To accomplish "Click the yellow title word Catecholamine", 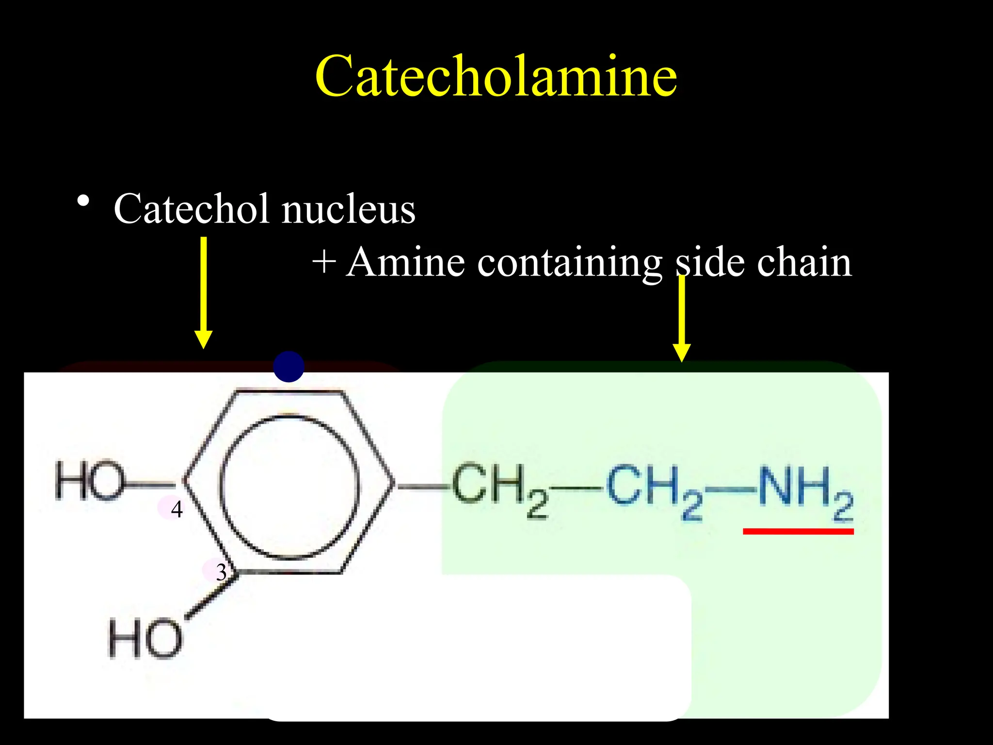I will (496, 77).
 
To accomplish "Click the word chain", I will (804, 262).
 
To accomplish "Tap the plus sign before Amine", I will (324, 262).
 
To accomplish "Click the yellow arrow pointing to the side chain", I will (682, 318).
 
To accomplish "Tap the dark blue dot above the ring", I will (288, 367).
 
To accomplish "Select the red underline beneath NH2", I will (798, 532).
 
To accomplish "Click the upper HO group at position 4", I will (90, 481).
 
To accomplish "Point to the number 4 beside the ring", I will (176, 509).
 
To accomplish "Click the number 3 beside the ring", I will (221, 572).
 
